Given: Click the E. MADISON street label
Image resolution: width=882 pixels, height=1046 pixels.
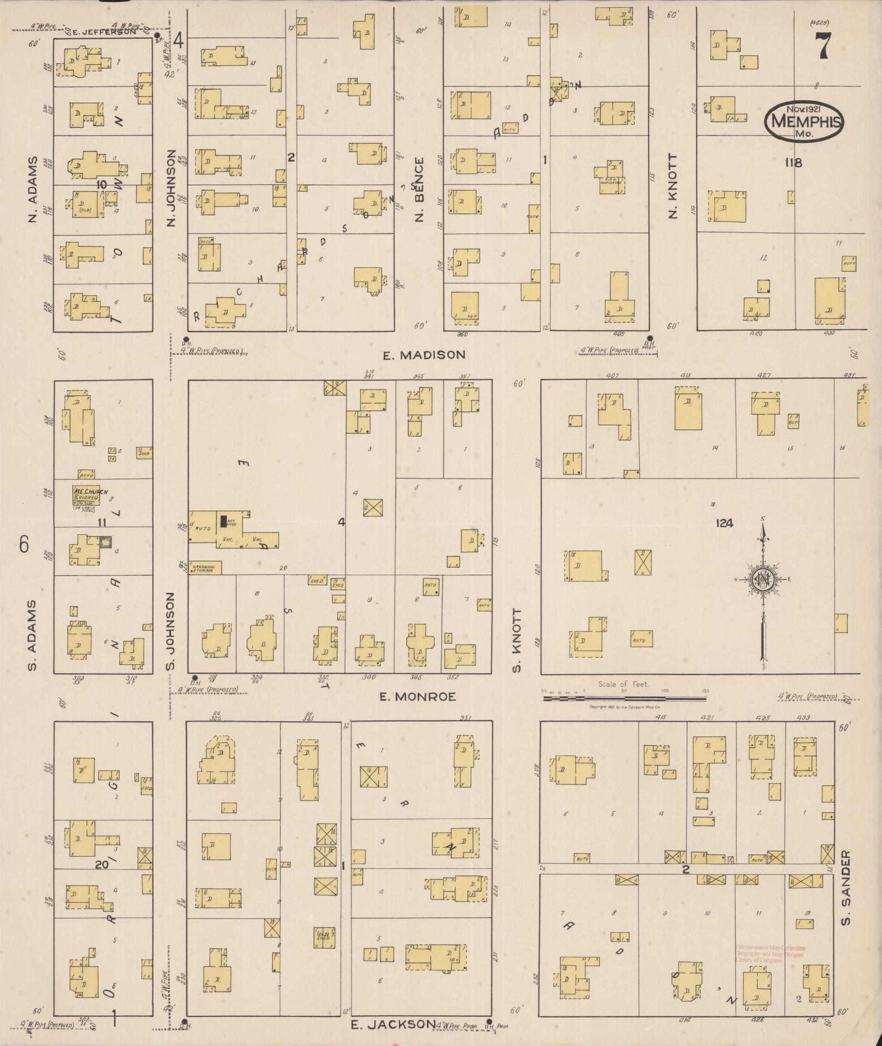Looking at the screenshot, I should (424, 355).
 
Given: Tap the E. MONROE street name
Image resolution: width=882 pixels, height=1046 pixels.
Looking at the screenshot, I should (418, 697).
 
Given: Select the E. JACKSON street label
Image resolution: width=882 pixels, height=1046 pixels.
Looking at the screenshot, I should (393, 1024).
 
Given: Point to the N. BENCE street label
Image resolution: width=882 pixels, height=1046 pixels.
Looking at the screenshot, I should (420, 189).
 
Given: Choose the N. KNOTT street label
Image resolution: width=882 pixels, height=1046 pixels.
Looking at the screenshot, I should (673, 186).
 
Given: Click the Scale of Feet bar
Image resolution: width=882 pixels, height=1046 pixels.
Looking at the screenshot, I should (625, 698).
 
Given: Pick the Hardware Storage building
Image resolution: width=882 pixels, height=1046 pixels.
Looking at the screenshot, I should (205, 568).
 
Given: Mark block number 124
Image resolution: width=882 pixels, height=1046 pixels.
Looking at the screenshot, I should (725, 523).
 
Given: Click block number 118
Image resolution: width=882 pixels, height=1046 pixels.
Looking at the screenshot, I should (792, 162).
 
